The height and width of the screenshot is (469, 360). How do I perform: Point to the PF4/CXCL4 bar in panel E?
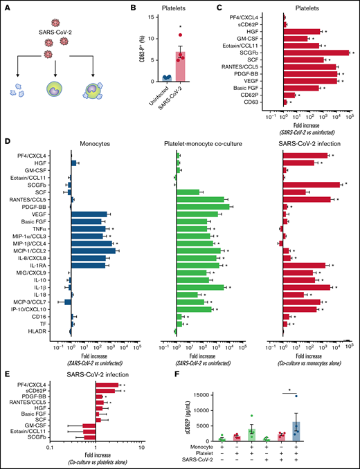coord(107,385)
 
